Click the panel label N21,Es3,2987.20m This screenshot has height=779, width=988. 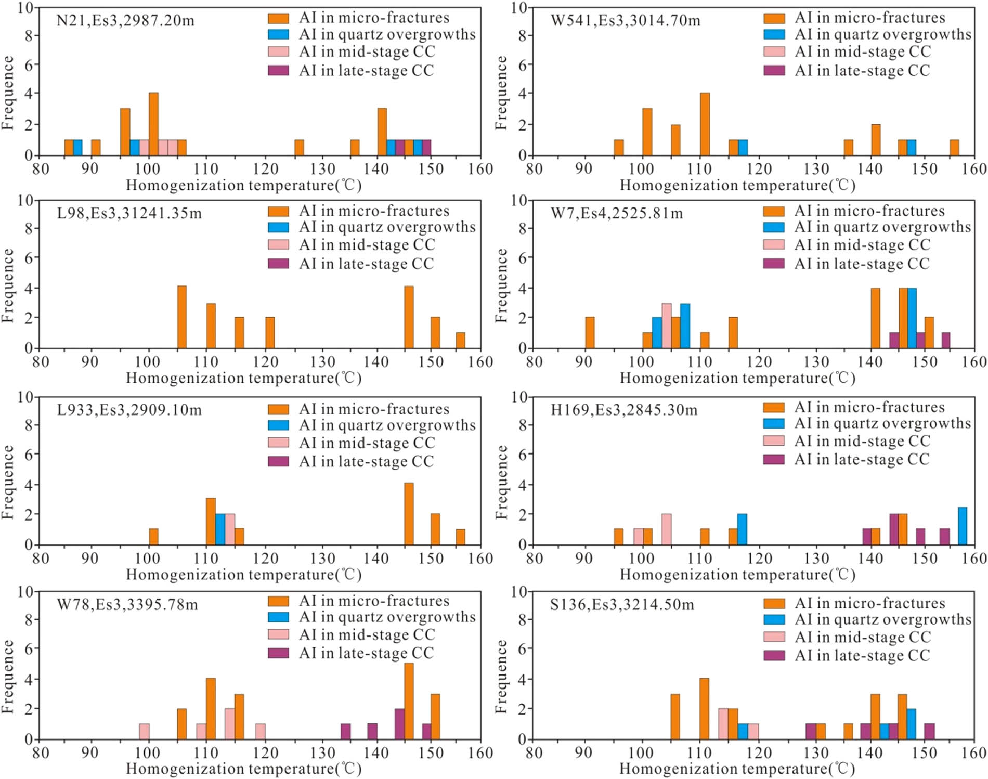(125, 21)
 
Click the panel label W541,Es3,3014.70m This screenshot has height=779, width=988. (626, 21)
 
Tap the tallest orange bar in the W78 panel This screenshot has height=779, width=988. (409, 701)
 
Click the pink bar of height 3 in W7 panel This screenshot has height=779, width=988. (667, 326)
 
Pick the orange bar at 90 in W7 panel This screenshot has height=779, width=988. (590, 332)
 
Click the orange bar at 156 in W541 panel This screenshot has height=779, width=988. (954, 148)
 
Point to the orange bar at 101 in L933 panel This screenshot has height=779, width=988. (153, 537)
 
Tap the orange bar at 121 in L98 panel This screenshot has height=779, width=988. (270, 332)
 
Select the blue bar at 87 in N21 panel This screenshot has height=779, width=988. (77, 148)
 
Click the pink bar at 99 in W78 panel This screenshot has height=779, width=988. (144, 731)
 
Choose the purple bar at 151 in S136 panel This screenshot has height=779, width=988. (930, 731)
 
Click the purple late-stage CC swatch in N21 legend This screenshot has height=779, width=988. (278, 71)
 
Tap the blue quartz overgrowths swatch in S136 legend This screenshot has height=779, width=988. (774, 619)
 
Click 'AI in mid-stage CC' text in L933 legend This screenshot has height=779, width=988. (367, 443)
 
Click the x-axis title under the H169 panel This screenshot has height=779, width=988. (737, 575)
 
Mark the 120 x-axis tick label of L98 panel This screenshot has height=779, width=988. (266, 362)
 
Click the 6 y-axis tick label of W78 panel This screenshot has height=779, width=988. (29, 648)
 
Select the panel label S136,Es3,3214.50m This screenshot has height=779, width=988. (622, 605)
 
